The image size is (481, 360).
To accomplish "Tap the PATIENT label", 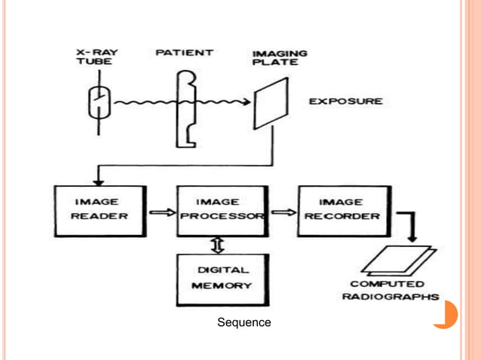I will pos(184,53).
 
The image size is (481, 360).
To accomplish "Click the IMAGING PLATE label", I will pos(279,58).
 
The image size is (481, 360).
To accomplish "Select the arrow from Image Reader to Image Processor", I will pos(160,213).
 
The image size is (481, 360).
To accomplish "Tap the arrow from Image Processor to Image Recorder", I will pos(282,213).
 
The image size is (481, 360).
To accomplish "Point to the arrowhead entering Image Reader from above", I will pos(98,179).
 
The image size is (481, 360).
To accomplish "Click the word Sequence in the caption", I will pos(244,322).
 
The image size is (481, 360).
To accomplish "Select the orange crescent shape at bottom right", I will pos(448,315).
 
